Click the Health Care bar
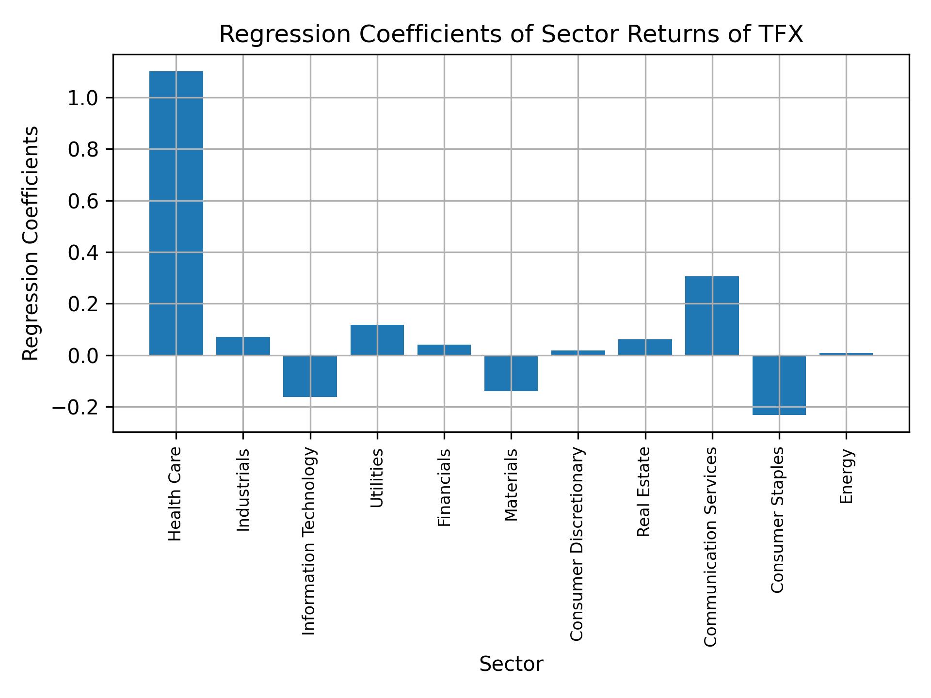[x=176, y=213]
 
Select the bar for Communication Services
[x=712, y=316]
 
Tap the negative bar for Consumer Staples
[x=779, y=385]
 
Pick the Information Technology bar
[x=310, y=376]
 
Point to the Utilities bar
[x=377, y=340]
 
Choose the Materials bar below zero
[x=511, y=373]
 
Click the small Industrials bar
[x=243, y=346]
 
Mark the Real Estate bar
[x=645, y=347]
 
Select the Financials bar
[x=444, y=349]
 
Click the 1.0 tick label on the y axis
[x=83, y=98]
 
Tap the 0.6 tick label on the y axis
[x=83, y=201]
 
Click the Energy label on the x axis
[x=846, y=476]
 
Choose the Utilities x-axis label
[x=377, y=478]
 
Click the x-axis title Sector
[x=511, y=664]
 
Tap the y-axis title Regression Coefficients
[x=31, y=243]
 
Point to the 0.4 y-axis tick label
[x=83, y=253]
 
